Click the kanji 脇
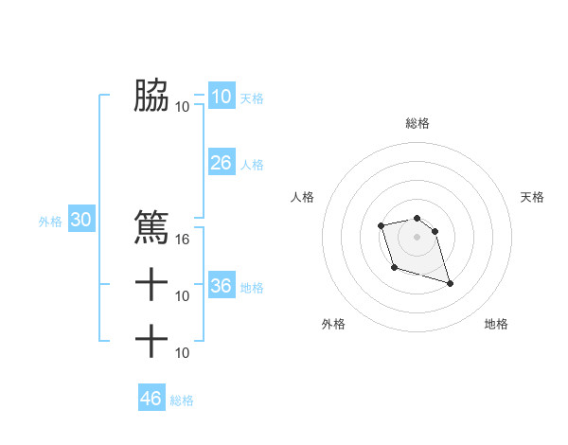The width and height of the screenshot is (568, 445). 151,95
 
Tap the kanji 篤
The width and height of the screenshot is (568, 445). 151,227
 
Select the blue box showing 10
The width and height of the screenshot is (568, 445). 221,96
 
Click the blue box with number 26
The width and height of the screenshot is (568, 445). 221,163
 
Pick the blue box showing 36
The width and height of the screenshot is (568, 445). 221,286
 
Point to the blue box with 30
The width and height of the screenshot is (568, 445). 81,221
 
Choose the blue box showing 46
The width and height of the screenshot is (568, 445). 151,399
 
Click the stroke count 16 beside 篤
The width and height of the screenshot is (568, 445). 183,239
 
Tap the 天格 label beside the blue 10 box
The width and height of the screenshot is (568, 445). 252,98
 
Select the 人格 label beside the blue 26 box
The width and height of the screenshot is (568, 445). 252,165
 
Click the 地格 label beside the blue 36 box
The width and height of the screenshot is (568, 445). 252,288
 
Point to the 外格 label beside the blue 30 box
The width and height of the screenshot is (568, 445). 49,222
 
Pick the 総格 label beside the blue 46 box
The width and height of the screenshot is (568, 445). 182,400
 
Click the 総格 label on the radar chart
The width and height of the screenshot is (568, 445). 417,123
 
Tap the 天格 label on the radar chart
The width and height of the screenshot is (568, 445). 533,197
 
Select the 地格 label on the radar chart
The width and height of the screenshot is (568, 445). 496,324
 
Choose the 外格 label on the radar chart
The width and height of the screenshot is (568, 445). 333,324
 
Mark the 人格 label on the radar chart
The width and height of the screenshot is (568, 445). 302,197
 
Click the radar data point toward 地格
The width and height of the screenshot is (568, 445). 450,283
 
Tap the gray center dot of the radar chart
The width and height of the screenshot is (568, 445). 417,237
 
